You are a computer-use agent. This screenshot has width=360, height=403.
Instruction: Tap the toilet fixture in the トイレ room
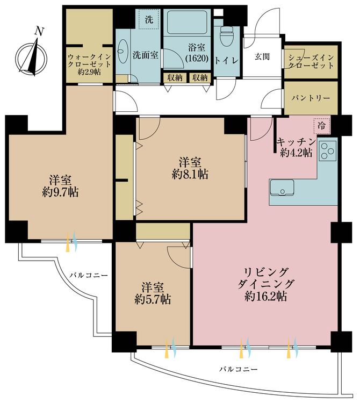[225, 38]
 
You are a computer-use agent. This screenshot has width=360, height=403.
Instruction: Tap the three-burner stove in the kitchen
[327, 150]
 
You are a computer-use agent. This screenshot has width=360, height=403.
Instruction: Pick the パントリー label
[311, 99]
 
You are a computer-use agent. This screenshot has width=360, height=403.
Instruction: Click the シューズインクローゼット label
[311, 61]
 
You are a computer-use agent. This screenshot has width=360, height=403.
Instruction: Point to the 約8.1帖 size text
[191, 174]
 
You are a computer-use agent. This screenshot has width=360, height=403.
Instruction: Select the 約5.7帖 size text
[152, 300]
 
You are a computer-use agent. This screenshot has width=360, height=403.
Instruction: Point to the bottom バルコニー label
[238, 370]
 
